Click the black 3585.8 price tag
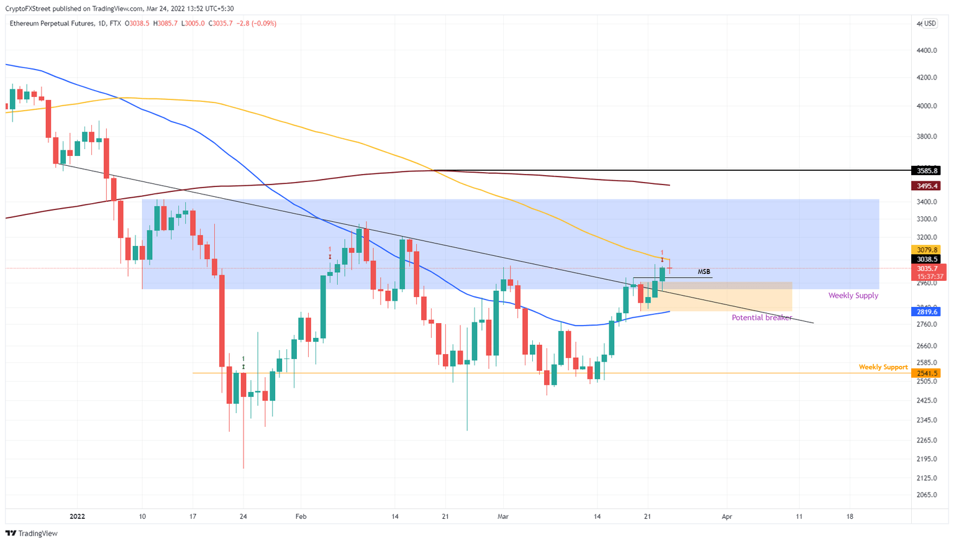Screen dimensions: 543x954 925,170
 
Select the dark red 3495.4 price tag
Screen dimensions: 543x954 925,186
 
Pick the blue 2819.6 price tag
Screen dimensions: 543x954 925,312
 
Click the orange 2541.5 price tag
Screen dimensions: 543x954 925,373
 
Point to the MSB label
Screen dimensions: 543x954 704,271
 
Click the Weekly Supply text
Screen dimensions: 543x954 853,295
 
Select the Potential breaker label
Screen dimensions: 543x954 761,317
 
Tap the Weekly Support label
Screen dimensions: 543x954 883,367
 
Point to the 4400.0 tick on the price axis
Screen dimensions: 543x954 927,50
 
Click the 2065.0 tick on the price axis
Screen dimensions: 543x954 927,495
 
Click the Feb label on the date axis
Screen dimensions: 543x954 301,516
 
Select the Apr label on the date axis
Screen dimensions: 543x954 727,516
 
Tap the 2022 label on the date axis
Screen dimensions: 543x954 77,516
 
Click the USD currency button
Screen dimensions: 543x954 929,24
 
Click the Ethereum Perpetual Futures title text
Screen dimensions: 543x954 52,24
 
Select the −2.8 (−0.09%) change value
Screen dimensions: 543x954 256,24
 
